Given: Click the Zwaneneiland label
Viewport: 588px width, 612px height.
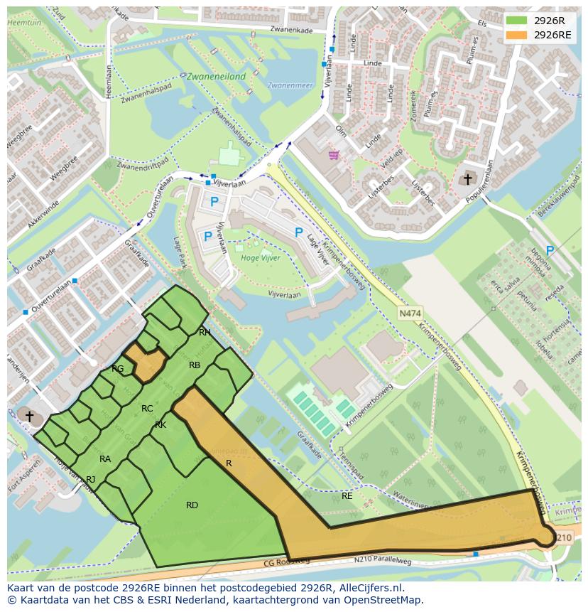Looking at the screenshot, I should pyautogui.click(x=216, y=76).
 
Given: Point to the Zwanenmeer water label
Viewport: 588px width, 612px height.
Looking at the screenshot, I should pyautogui.click(x=290, y=85).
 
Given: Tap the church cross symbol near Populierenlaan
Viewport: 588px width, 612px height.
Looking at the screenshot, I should pyautogui.click(x=467, y=178).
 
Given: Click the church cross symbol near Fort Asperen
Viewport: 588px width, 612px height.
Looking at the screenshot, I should pyautogui.click(x=28, y=414).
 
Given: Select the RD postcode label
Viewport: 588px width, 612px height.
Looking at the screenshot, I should pyautogui.click(x=192, y=505).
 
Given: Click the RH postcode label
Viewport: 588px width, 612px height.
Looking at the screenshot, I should pyautogui.click(x=205, y=332).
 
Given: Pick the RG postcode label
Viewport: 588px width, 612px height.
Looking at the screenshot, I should pyautogui.click(x=117, y=368).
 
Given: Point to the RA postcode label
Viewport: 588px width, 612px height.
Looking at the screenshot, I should pyautogui.click(x=105, y=459).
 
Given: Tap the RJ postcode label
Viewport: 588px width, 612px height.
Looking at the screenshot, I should pyautogui.click(x=90, y=480).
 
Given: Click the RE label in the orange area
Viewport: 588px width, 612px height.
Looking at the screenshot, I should pyautogui.click(x=347, y=496).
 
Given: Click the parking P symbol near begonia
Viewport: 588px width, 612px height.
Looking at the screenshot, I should pyautogui.click(x=550, y=251).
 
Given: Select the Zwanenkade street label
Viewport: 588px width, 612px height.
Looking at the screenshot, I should pyautogui.click(x=291, y=30).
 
